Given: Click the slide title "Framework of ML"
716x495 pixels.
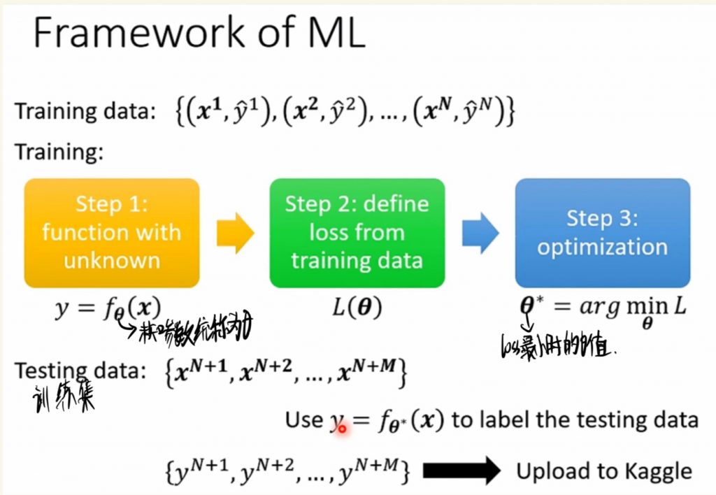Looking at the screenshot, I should click(199, 33).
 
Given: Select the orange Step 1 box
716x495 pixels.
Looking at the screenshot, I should click(112, 233).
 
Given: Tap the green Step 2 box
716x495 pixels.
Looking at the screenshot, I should click(357, 233).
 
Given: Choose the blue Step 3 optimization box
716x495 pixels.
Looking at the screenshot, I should click(603, 233).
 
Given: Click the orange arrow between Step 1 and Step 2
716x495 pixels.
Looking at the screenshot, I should click(235, 234).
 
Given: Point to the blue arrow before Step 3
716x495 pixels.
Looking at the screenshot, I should click(480, 234).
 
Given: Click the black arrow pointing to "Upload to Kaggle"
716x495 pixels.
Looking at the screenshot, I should click(461, 471).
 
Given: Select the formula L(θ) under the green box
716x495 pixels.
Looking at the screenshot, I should click(357, 308).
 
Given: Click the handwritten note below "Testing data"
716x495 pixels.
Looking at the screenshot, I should click(64, 398).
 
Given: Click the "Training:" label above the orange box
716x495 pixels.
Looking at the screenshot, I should click(59, 152).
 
